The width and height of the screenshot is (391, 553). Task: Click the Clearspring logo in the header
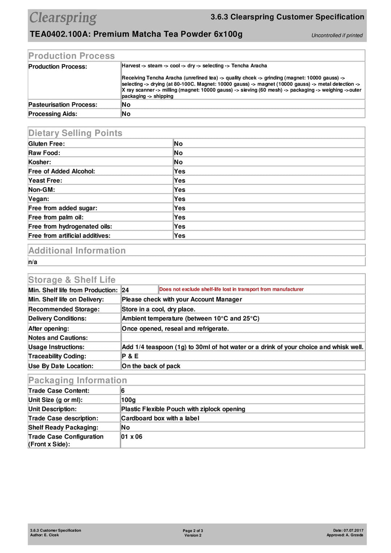tap(63, 18)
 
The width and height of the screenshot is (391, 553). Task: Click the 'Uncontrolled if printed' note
tap(337, 35)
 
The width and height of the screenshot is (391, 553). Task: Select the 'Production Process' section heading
tap(72, 56)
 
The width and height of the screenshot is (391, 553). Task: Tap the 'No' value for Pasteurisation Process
tap(126, 105)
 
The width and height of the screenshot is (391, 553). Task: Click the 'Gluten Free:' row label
tap(47, 144)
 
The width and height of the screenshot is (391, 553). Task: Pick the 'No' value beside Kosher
tap(178, 162)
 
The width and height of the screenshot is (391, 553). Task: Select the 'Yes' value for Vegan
tap(180, 199)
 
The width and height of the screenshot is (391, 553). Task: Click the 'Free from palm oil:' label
tap(56, 217)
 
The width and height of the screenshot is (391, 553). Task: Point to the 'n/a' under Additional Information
tap(33, 262)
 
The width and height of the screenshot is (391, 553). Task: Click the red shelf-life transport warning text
tap(231, 289)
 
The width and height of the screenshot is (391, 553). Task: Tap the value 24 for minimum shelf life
tap(125, 290)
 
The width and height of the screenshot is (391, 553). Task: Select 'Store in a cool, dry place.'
tap(159, 309)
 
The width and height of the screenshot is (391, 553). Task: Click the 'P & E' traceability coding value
tap(130, 356)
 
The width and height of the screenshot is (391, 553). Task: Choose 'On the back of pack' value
tap(151, 366)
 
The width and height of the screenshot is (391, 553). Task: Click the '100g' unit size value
tap(129, 400)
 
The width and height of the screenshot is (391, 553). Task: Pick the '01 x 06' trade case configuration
tap(132, 437)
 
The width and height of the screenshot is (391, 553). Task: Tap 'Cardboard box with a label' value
tap(160, 418)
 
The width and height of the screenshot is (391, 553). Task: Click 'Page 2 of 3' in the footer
tap(193, 531)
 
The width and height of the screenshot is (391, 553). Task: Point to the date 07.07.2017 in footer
tap(353, 530)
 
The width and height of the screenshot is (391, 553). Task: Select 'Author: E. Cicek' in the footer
tap(45, 535)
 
